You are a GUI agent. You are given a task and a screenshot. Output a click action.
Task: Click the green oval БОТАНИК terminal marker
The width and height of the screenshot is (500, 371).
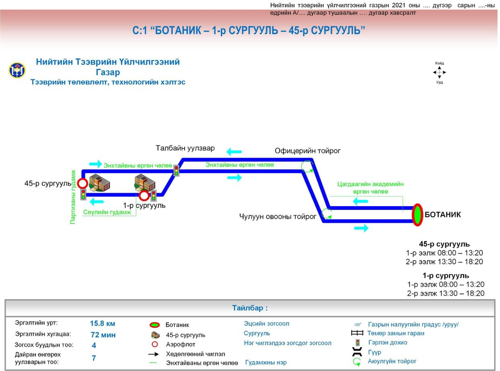pyautogui.click(x=417, y=215)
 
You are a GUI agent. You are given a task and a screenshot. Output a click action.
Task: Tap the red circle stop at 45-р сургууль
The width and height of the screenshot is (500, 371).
pyautogui.click(x=83, y=184)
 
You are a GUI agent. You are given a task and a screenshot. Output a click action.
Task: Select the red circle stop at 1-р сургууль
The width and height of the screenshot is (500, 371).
pyautogui.click(x=144, y=196)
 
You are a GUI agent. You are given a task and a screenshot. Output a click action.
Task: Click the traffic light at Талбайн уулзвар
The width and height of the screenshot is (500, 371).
pyautogui.click(x=176, y=170)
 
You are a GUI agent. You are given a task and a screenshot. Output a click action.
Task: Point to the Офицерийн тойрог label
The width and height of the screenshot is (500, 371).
pyautogui.click(x=308, y=151)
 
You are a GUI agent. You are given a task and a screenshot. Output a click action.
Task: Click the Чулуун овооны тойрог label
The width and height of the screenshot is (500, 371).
pyautogui.click(x=278, y=217)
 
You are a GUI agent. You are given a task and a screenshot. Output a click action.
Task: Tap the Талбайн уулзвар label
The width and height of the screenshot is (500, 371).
pyautogui.click(x=185, y=148)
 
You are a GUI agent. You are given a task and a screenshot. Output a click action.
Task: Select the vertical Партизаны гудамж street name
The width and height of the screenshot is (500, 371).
pyautogui.click(x=73, y=197)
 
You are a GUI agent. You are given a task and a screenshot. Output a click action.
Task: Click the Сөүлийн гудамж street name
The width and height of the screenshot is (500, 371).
pyautogui.click(x=107, y=212)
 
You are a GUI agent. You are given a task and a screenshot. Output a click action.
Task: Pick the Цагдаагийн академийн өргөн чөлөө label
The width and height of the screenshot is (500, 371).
pyautogui.click(x=370, y=188)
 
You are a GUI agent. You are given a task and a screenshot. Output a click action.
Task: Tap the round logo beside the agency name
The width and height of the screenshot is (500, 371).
pyautogui.click(x=17, y=70)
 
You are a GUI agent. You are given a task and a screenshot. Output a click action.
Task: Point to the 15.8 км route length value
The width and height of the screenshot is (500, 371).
pyautogui.click(x=103, y=323)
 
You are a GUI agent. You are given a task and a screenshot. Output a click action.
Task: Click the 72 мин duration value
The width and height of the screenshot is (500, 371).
pyautogui.click(x=103, y=334)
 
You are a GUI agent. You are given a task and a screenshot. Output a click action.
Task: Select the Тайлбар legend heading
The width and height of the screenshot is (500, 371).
pyautogui.click(x=250, y=308)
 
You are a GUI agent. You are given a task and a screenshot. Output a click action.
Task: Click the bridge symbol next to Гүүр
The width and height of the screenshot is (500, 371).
pyautogui.click(x=357, y=352)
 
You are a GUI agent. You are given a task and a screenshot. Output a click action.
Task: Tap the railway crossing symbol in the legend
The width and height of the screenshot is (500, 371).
pyautogui.click(x=357, y=333)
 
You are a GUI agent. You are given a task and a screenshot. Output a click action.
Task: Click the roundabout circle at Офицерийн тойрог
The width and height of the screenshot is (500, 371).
pyautogui.click(x=307, y=166)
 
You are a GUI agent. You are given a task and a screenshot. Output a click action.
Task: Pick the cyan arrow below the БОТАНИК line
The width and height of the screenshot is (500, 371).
pyautogui.click(x=361, y=228)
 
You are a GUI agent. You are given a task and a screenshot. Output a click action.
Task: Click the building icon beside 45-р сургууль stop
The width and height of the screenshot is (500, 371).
pyautogui.click(x=99, y=182)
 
